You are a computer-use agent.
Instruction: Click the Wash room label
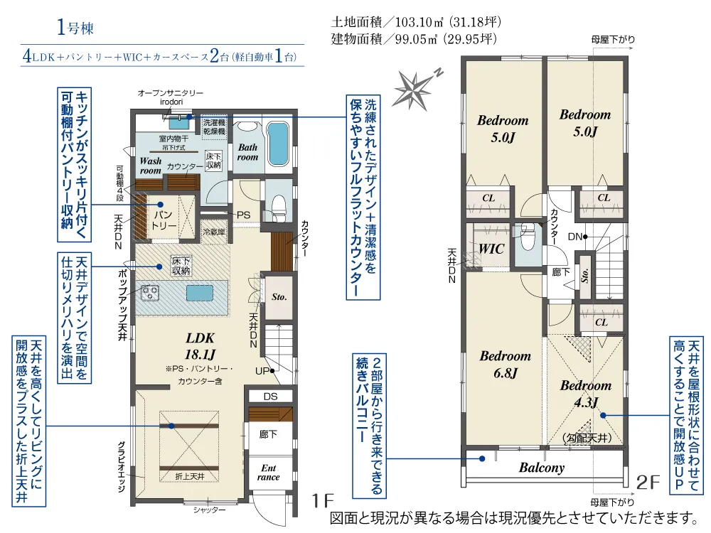(x=151, y=166)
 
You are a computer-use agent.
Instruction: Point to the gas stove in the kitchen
(x=151, y=292)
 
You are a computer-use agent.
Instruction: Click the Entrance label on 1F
(x=268, y=472)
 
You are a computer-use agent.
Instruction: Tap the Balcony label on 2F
(x=541, y=468)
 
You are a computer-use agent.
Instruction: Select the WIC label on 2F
(x=491, y=249)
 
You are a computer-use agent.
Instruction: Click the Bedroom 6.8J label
(x=505, y=363)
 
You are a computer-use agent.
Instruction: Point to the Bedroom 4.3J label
(x=585, y=393)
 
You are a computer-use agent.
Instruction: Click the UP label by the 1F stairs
(x=261, y=371)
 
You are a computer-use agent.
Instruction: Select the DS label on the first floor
(x=270, y=396)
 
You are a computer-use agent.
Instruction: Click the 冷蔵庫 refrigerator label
(x=213, y=232)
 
